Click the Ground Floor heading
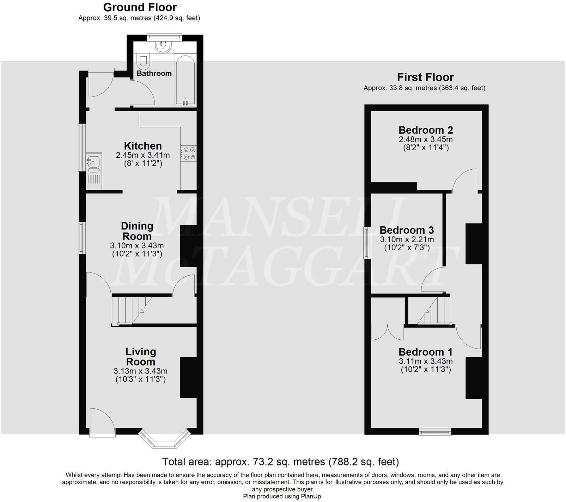pos(140,7)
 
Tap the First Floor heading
pos(425,77)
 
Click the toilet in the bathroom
pos(144,61)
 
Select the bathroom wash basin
pos(163,47)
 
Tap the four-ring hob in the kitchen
pos(189,153)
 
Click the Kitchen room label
pos(143,146)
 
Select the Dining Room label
pos(137,231)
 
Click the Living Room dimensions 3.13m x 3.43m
pos(140,371)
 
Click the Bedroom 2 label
pos(426,130)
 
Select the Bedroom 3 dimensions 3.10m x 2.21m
pos(407,240)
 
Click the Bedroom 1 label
pos(426,352)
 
